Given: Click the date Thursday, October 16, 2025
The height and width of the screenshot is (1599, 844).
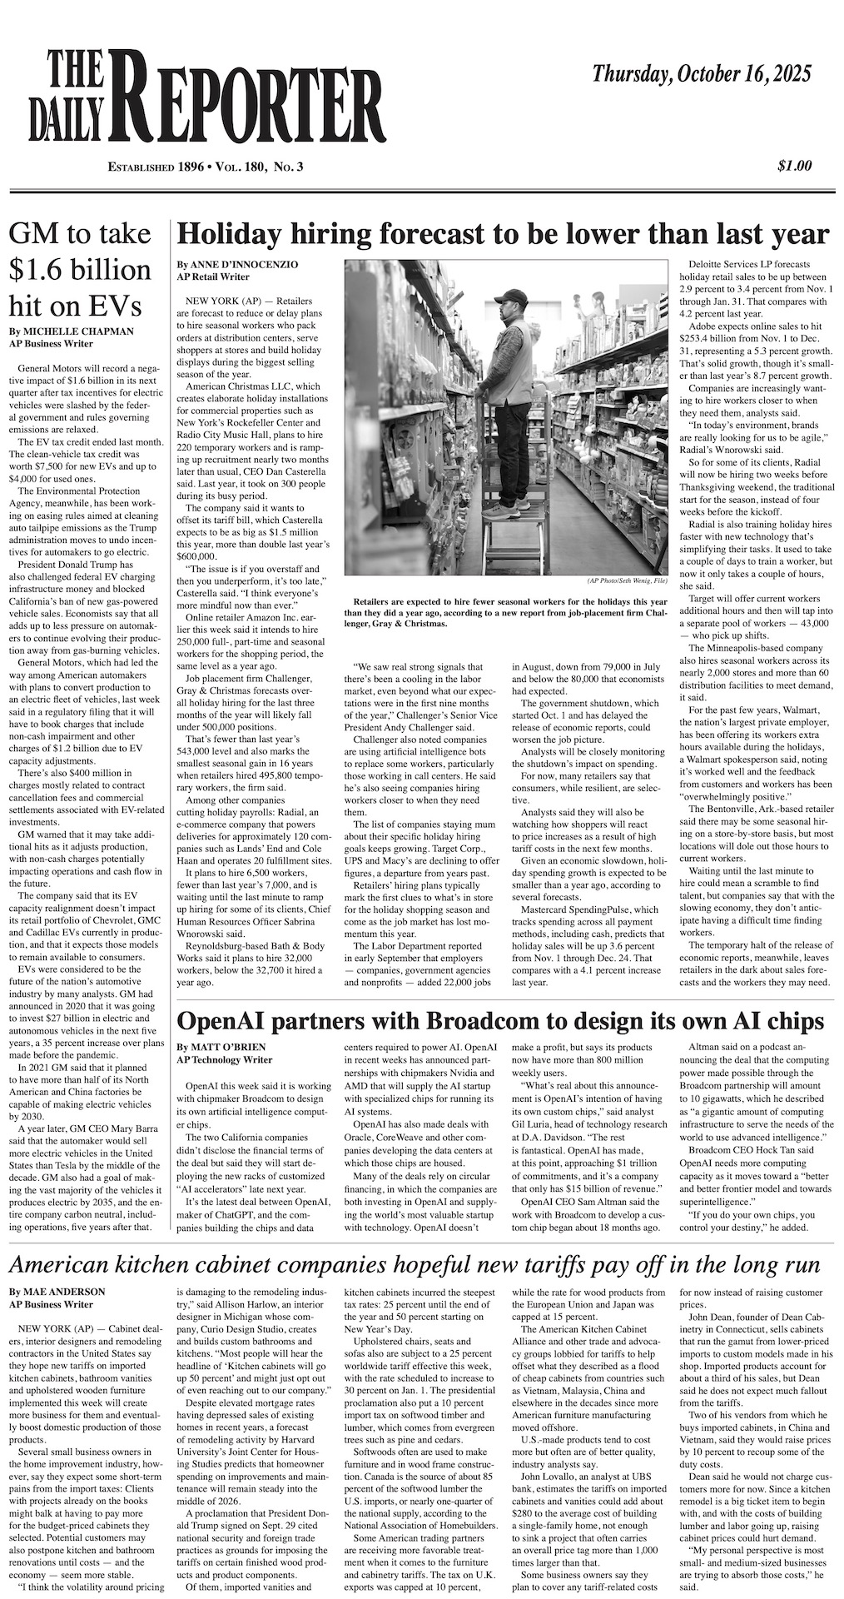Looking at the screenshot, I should point(701,75).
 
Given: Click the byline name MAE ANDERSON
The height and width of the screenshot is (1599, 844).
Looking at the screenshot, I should point(57,1292).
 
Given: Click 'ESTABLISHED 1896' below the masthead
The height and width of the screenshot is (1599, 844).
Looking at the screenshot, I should point(156,167).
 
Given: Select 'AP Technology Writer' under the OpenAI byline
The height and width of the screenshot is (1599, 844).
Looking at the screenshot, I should point(225,1060).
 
